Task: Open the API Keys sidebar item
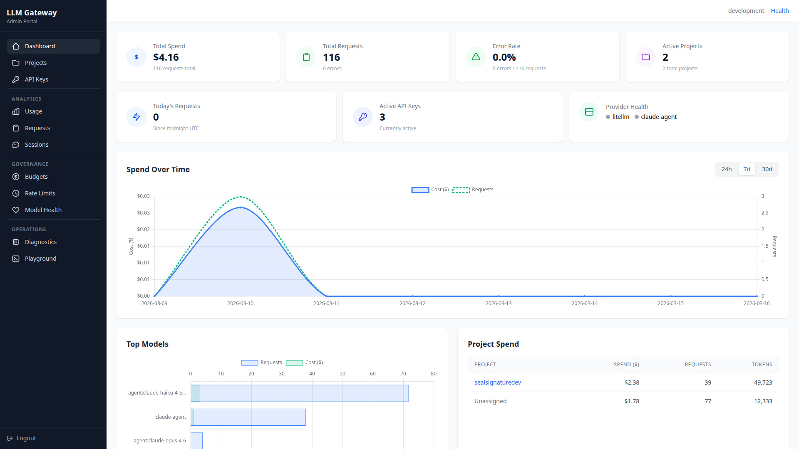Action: click(x=36, y=79)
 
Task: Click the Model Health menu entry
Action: click(x=43, y=210)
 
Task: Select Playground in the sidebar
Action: click(x=40, y=259)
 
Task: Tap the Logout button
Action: click(x=26, y=438)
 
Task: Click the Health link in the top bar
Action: click(x=779, y=11)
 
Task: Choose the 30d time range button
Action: click(x=767, y=169)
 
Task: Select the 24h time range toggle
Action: click(x=726, y=169)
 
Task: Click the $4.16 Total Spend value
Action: click(x=166, y=57)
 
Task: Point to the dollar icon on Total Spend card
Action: click(x=136, y=57)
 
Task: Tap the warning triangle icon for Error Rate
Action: click(x=476, y=57)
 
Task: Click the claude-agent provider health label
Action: click(x=658, y=117)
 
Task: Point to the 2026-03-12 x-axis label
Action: click(x=412, y=303)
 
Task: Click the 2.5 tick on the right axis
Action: click(x=764, y=213)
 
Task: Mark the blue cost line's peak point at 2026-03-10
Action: click(x=240, y=207)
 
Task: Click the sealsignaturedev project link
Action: click(x=497, y=382)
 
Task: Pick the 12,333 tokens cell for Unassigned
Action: click(x=763, y=401)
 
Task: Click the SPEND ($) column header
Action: click(x=626, y=365)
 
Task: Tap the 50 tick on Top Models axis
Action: click(x=342, y=374)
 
